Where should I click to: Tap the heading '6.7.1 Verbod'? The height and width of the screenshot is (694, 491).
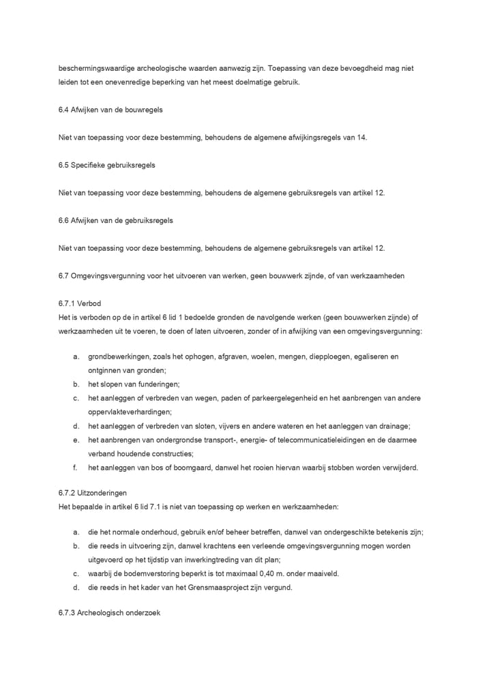[x=80, y=303]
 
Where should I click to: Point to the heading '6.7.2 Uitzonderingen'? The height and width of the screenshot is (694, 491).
[x=93, y=492]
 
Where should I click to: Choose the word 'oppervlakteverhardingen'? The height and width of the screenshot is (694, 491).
[x=130, y=412]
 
